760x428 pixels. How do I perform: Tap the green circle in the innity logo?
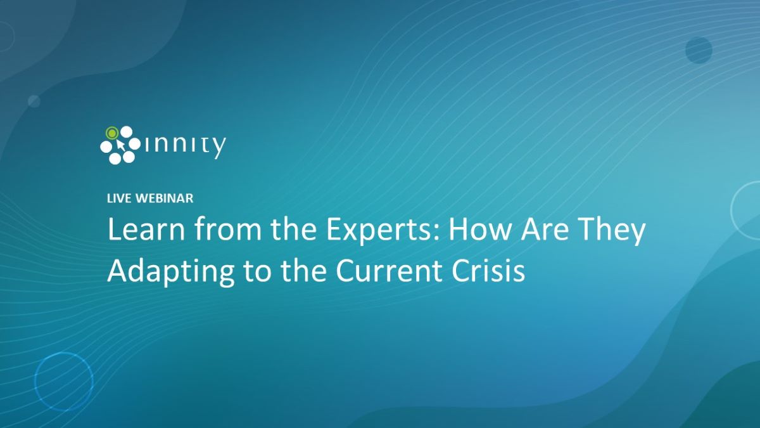click(x=112, y=133)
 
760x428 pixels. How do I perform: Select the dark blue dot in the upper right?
click(x=699, y=50)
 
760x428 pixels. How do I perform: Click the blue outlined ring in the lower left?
click(x=63, y=382)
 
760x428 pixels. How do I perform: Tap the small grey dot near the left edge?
click(x=34, y=101)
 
